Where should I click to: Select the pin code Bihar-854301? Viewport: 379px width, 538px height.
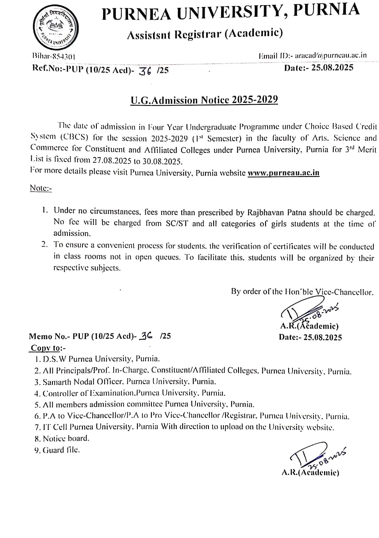tap(54, 56)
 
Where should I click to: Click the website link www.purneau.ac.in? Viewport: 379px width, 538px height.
tap(284, 173)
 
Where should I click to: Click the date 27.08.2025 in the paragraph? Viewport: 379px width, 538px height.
tap(114, 160)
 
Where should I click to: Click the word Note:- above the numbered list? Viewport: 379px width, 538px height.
tap(41, 188)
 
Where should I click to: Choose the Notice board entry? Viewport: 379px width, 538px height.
tap(66, 438)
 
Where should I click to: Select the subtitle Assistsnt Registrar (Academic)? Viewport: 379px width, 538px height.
tap(205, 34)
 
